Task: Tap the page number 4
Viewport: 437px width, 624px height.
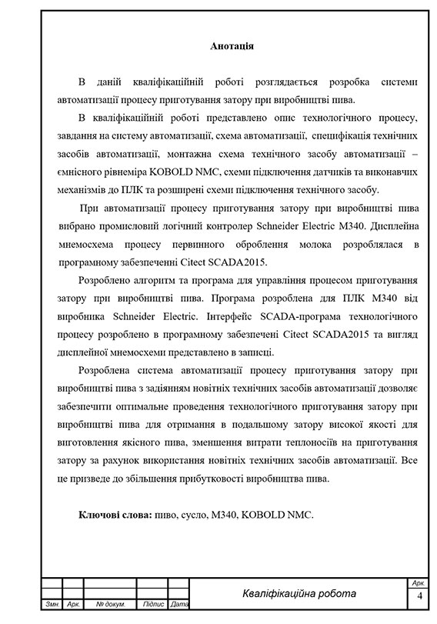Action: [x=419, y=596]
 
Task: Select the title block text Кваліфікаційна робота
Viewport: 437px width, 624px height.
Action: [x=299, y=593]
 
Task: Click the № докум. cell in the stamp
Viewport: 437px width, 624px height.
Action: [x=105, y=604]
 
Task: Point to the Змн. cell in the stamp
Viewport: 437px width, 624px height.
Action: [x=53, y=604]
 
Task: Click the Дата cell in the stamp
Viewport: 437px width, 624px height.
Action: [x=178, y=604]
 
